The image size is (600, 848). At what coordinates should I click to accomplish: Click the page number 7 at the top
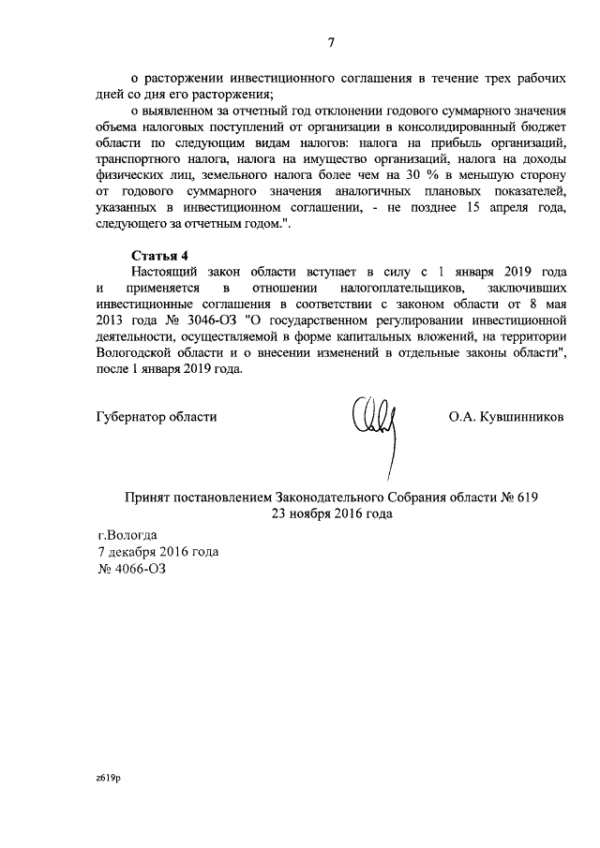click(331, 40)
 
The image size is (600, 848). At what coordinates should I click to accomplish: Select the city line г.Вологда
click(123, 535)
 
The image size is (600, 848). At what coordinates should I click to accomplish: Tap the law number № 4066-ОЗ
click(137, 569)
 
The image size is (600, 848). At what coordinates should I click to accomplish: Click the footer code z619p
click(109, 778)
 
